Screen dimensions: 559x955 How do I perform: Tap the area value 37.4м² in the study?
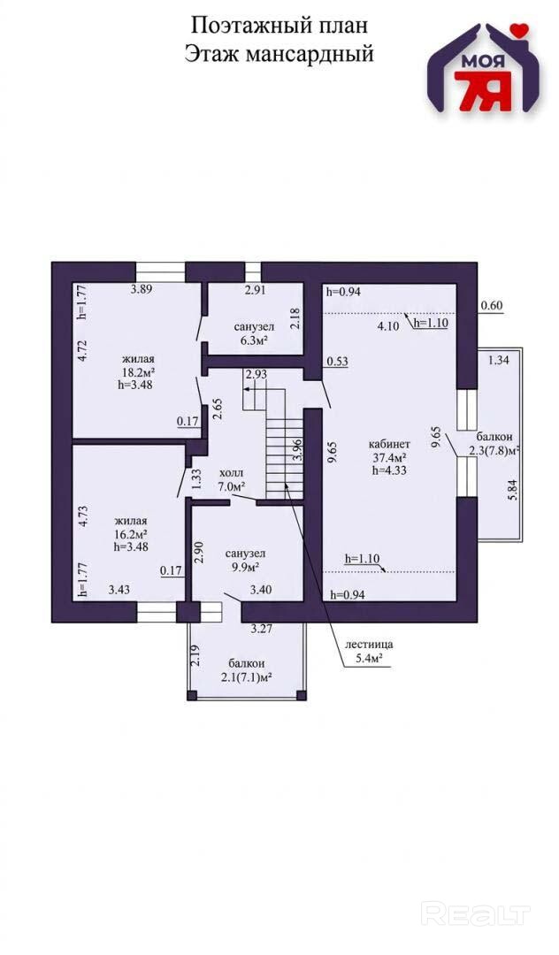(389, 457)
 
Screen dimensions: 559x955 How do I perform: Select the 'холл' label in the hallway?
(231, 473)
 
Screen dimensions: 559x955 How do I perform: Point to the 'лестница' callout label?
(369, 644)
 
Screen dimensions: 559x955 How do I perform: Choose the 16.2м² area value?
(132, 534)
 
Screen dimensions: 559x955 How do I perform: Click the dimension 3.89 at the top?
(141, 289)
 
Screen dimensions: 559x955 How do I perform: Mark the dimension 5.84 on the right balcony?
(513, 490)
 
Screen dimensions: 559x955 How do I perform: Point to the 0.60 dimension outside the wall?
(492, 306)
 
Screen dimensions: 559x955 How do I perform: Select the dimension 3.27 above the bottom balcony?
(261, 630)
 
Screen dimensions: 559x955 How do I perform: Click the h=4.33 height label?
(388, 470)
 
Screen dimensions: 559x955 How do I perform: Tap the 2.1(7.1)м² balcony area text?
(246, 676)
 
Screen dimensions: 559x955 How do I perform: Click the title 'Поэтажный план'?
(279, 26)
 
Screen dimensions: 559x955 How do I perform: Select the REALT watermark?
(476, 914)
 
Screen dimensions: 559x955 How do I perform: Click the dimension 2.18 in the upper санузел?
(295, 318)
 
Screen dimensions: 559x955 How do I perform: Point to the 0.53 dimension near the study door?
(337, 361)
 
